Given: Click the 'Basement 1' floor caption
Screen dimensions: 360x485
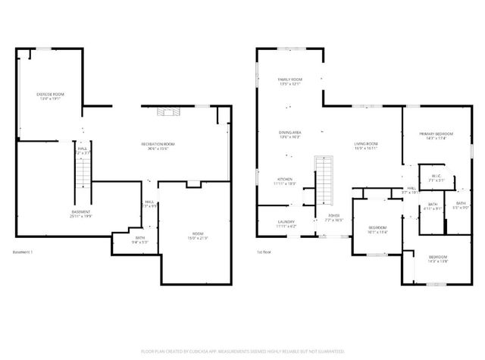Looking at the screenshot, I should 23,252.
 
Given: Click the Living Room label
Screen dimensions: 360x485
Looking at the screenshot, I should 367,146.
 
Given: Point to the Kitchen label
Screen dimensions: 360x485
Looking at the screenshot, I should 284,181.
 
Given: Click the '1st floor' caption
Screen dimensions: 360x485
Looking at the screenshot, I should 264,252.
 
